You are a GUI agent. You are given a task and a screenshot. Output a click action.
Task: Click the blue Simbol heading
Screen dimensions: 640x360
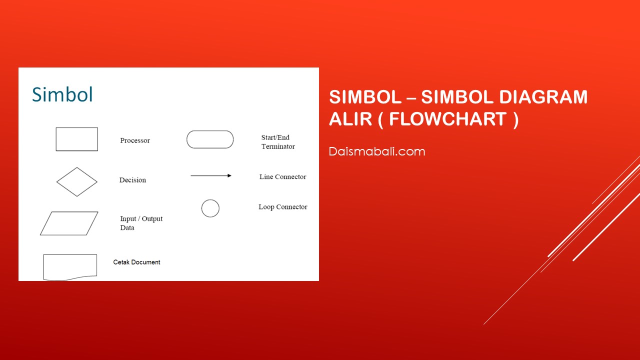62,94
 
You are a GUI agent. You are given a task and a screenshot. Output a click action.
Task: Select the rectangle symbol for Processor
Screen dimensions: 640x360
77,127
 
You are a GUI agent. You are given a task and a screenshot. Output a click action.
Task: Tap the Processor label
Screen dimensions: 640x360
135,140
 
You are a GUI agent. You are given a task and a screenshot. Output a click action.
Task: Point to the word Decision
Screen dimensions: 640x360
132,180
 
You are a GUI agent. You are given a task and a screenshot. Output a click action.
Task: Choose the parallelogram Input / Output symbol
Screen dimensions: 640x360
69,212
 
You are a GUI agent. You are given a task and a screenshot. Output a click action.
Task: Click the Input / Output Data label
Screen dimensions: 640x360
141,223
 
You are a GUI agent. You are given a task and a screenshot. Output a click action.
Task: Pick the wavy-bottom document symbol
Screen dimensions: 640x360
70,254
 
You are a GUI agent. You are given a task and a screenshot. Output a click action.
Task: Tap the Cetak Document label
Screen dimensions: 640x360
136,262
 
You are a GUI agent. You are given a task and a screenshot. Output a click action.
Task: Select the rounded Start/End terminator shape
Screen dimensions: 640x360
210,131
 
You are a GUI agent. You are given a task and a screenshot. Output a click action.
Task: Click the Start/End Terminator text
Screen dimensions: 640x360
278,141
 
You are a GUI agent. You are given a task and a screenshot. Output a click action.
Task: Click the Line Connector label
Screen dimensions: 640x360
282,177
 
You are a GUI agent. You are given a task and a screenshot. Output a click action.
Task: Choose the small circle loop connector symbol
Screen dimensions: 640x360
210,199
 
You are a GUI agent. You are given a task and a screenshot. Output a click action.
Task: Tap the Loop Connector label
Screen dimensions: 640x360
283,207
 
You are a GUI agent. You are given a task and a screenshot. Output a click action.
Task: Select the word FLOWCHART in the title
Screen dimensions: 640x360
448,119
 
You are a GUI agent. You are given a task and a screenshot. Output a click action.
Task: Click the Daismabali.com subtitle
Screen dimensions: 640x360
377,151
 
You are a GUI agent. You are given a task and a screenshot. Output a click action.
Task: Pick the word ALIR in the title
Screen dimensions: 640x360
350,119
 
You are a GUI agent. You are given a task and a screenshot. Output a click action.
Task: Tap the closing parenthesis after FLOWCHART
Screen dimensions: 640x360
515,119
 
